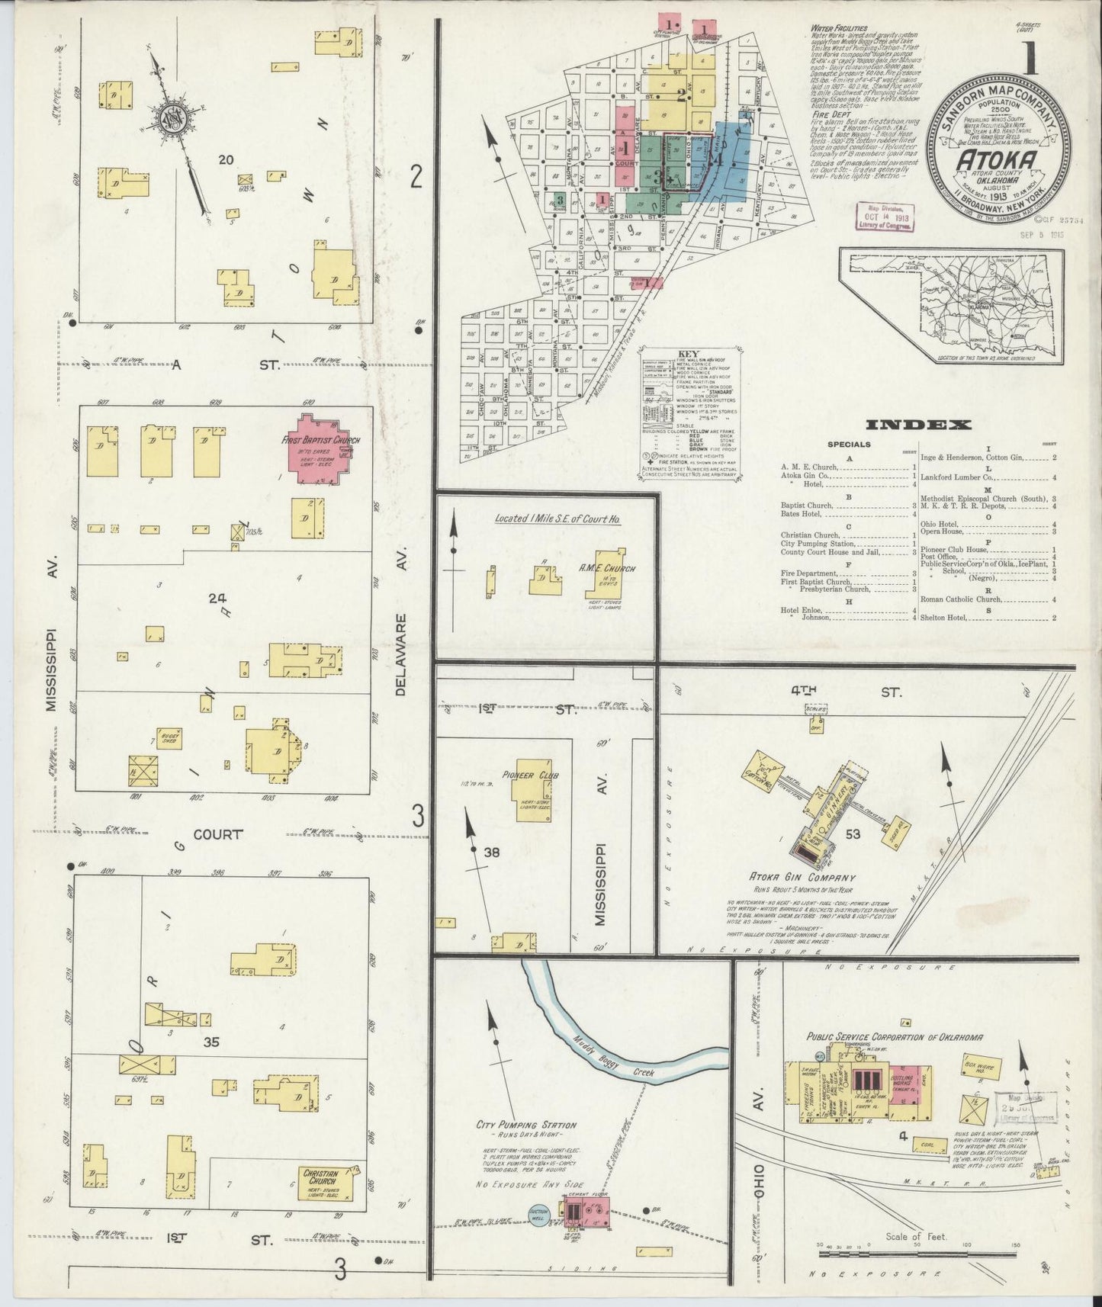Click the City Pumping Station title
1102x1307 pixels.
point(526,1125)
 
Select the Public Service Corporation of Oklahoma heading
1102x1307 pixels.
point(894,1037)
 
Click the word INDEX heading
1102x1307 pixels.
point(917,425)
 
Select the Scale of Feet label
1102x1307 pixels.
point(916,1236)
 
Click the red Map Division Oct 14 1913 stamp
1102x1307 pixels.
point(882,218)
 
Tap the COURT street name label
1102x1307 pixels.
point(217,834)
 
